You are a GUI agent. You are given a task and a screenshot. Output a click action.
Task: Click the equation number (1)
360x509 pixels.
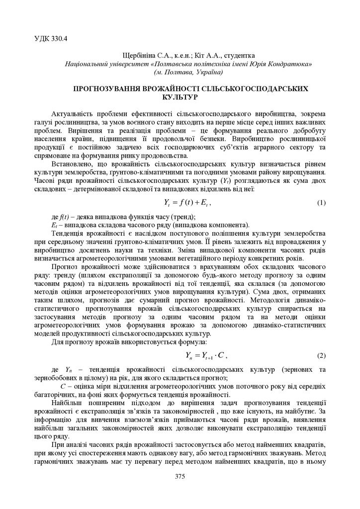point(321,203)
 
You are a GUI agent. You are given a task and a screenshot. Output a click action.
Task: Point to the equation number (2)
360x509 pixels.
point(321,356)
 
